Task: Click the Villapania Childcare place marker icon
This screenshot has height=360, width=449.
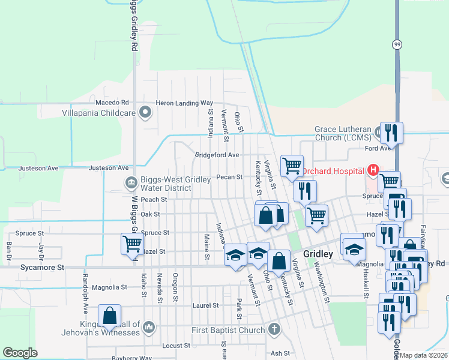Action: pos(145,112)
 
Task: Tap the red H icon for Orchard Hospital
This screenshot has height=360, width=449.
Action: pos(373,170)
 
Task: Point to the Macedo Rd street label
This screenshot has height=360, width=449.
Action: pos(109,103)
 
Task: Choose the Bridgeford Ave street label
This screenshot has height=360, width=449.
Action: pos(217,155)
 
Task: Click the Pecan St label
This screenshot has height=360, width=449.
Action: pos(229,177)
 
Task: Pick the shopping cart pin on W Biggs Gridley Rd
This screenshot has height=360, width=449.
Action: pos(132,244)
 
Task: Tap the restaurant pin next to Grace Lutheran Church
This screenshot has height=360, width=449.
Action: pos(391,131)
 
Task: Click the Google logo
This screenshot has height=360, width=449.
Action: pos(20,353)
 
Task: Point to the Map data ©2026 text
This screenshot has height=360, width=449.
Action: pos(424,355)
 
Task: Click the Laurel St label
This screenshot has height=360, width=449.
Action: pos(205,305)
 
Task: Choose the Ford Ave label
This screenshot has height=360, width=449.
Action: pos(378,148)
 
